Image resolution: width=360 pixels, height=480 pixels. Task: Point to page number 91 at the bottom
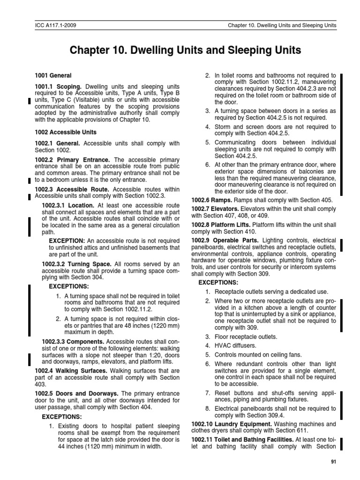[333, 462]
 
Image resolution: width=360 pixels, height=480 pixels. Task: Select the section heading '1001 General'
[52, 75]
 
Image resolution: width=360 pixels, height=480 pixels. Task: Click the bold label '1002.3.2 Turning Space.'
[76, 264]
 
